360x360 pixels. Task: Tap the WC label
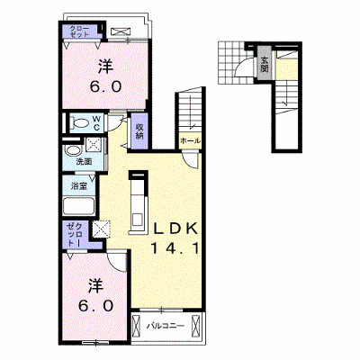pyautogui.click(x=96, y=123)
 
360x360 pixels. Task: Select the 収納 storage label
pyautogui.click(x=139, y=131)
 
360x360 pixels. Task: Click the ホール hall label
pyautogui.click(x=190, y=141)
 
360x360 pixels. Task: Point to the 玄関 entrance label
pyautogui.click(x=265, y=65)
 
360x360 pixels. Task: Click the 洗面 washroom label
pyautogui.click(x=84, y=162)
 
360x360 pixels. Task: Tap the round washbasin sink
pyautogui.click(x=73, y=150)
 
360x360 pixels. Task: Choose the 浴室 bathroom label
pyautogui.click(x=79, y=186)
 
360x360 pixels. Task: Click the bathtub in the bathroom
pyautogui.click(x=79, y=206)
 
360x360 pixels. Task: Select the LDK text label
pyautogui.click(x=176, y=229)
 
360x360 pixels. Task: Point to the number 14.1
pyautogui.click(x=175, y=248)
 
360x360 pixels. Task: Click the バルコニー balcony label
pyautogui.click(x=166, y=326)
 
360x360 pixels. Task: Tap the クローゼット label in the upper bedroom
pyautogui.click(x=79, y=31)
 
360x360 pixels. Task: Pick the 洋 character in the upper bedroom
pyautogui.click(x=105, y=67)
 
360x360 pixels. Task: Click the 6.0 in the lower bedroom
pyautogui.click(x=95, y=305)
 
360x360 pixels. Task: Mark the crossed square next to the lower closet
pyautogui.click(x=102, y=229)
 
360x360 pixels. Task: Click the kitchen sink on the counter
pyautogui.click(x=138, y=218)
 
